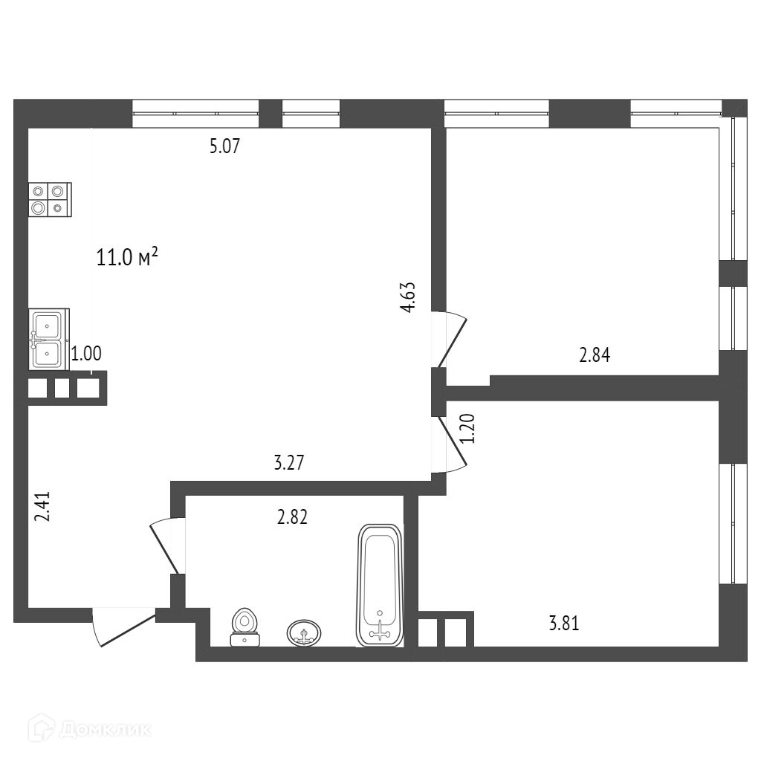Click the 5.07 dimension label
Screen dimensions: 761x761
pyautogui.click(x=224, y=146)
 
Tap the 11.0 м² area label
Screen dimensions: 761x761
pyautogui.click(x=127, y=258)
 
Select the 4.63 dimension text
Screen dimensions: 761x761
pyautogui.click(x=407, y=297)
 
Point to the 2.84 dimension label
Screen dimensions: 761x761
pyautogui.click(x=595, y=355)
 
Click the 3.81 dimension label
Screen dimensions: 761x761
pyautogui.click(x=563, y=624)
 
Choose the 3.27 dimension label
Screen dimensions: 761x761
pyautogui.click(x=289, y=464)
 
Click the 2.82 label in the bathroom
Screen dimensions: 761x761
pyautogui.click(x=292, y=517)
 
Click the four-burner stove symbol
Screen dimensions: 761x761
pyautogui.click(x=51, y=200)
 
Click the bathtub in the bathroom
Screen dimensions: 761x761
pyautogui.click(x=380, y=584)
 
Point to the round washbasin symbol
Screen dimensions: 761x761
pyautogui.click(x=305, y=632)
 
